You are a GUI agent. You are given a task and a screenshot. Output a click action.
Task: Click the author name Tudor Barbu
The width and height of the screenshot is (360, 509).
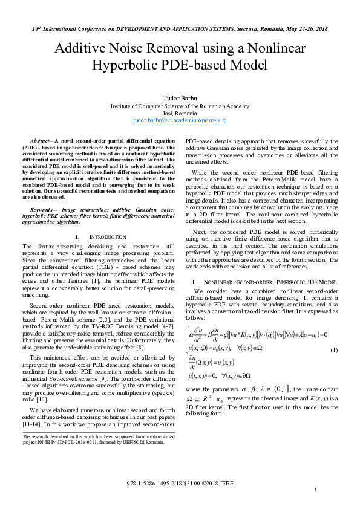[x=180, y=98]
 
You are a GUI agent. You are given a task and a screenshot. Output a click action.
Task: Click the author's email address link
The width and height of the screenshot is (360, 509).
[x=180, y=121]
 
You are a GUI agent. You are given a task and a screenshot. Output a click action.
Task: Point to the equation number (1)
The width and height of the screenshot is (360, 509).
[x=333, y=351]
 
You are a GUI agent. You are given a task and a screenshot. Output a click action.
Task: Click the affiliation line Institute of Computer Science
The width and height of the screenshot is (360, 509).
[x=180, y=106]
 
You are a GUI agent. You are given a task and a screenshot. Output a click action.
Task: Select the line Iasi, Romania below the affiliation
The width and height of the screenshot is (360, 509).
[x=180, y=113]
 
